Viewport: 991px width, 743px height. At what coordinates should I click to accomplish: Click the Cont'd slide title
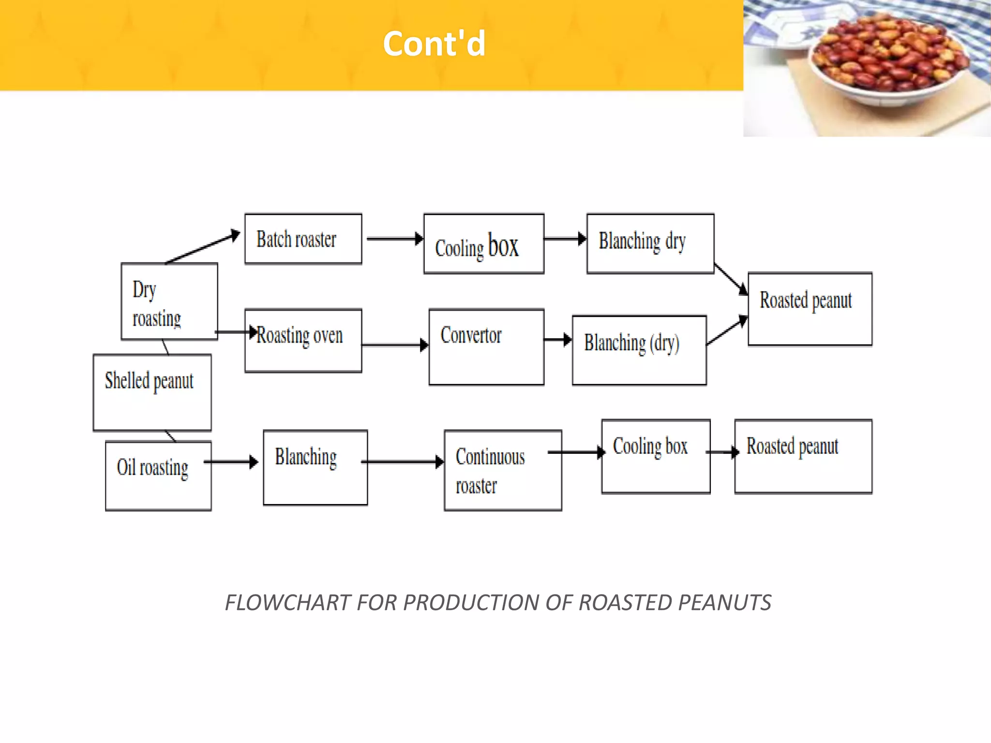pos(434,44)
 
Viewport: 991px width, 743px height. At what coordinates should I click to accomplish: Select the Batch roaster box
pos(303,239)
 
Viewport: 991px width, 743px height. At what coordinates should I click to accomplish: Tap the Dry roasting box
pos(169,302)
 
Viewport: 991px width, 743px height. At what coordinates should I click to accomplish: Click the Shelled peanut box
pos(152,392)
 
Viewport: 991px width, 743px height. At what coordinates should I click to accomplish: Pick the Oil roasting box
pos(158,476)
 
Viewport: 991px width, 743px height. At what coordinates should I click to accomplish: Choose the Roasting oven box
pos(303,341)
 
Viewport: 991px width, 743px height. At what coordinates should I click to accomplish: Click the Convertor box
pos(486,347)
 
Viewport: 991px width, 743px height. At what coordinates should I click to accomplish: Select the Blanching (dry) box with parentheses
pos(639,350)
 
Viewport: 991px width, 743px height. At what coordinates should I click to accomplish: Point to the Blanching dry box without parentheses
pos(650,243)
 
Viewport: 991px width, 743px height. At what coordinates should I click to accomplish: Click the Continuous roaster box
pos(503,470)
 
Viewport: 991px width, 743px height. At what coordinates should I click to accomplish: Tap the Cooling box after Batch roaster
pos(483,244)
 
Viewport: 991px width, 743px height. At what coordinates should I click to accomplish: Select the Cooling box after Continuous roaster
pos(656,456)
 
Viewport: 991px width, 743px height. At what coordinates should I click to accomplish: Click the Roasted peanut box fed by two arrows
pos(810,309)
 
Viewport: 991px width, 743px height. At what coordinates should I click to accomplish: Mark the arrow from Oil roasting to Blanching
pos(231,462)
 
